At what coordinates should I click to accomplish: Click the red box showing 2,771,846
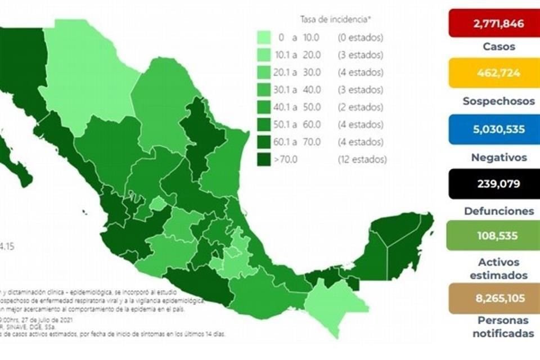pyautogui.click(x=493, y=23)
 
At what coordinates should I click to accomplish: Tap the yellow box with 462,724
pyautogui.click(x=493, y=73)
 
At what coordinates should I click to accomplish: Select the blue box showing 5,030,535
pyautogui.click(x=493, y=129)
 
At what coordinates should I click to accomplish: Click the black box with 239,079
pyautogui.click(x=493, y=184)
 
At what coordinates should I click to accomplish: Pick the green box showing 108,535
pyautogui.click(x=493, y=235)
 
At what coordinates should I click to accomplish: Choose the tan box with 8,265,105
pyautogui.click(x=493, y=298)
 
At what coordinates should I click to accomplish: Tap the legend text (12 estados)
pyautogui.click(x=362, y=159)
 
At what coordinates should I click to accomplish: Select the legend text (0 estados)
pyautogui.click(x=361, y=38)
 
